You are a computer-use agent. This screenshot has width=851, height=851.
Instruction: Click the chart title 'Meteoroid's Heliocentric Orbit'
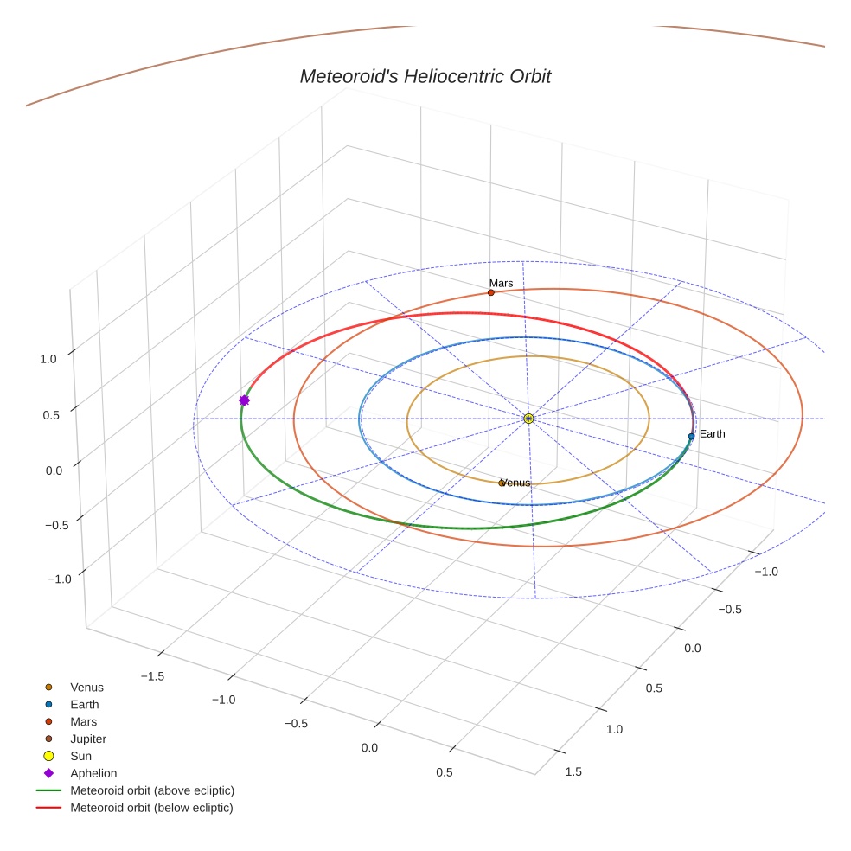(425, 76)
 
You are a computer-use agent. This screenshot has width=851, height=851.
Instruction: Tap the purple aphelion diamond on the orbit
(244, 400)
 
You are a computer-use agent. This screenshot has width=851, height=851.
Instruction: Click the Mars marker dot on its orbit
(490, 292)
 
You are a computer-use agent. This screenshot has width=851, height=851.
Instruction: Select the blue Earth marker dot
(691, 437)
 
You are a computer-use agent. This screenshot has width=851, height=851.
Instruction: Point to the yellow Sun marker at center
(528, 419)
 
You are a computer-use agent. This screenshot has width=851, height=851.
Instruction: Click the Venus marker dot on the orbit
(502, 483)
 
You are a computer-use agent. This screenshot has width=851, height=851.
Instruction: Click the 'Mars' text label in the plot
(501, 283)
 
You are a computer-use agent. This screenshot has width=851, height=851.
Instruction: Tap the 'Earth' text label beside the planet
(712, 433)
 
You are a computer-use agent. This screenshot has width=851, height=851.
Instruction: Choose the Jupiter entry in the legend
(87, 739)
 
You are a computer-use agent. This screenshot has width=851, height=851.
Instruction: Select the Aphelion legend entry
(93, 773)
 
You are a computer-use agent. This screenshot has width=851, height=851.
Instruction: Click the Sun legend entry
(80, 756)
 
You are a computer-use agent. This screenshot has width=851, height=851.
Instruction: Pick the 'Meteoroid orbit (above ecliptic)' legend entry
(152, 790)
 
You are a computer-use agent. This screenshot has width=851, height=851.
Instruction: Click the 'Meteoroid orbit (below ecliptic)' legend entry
(151, 808)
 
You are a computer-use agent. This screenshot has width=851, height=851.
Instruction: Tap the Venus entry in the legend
(86, 687)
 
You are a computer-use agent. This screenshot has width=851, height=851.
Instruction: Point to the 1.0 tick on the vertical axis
(48, 358)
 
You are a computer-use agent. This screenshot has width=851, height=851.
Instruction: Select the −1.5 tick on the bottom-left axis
(152, 675)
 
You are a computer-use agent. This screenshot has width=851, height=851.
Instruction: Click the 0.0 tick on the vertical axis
(54, 470)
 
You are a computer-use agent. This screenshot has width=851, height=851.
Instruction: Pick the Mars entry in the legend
(83, 721)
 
